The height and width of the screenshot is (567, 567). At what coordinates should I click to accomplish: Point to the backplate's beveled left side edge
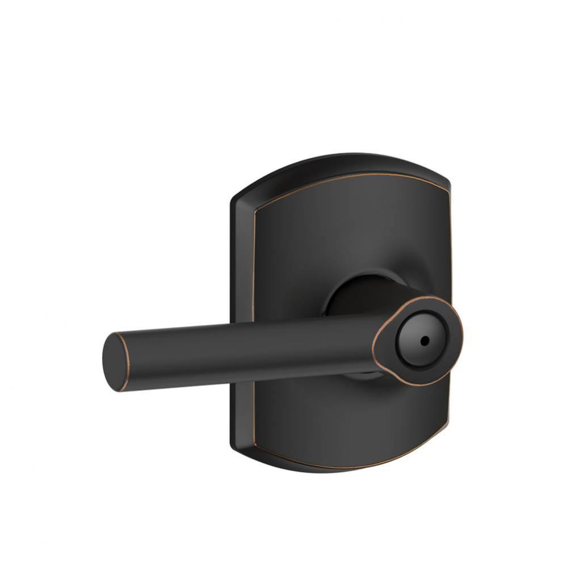click(238, 272)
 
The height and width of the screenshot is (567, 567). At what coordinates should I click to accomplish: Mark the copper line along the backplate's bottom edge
click(341, 466)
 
